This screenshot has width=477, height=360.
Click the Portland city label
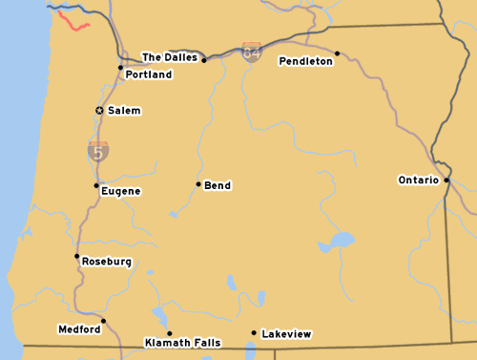click(149, 74)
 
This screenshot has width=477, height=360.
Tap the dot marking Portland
click(120, 67)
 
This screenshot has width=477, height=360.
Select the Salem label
click(124, 111)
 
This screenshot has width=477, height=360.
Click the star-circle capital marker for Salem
click(99, 111)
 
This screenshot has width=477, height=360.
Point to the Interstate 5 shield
click(98, 150)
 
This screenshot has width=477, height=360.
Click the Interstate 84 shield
click(251, 52)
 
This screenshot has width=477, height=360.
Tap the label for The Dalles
click(170, 57)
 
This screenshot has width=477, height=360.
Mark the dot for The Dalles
click(204, 59)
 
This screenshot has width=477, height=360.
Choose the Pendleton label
click(306, 61)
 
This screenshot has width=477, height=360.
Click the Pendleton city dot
click(338, 53)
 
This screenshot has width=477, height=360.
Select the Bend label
click(218, 185)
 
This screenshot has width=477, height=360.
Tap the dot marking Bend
click(198, 184)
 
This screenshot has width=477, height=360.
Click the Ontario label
click(418, 180)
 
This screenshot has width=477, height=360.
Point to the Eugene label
click(121, 191)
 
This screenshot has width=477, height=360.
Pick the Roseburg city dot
click(76, 256)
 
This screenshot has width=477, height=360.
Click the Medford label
click(79, 329)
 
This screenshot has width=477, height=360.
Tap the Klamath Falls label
click(182, 342)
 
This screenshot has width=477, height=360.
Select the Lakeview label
click(287, 334)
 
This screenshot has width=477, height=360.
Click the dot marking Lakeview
click(253, 332)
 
